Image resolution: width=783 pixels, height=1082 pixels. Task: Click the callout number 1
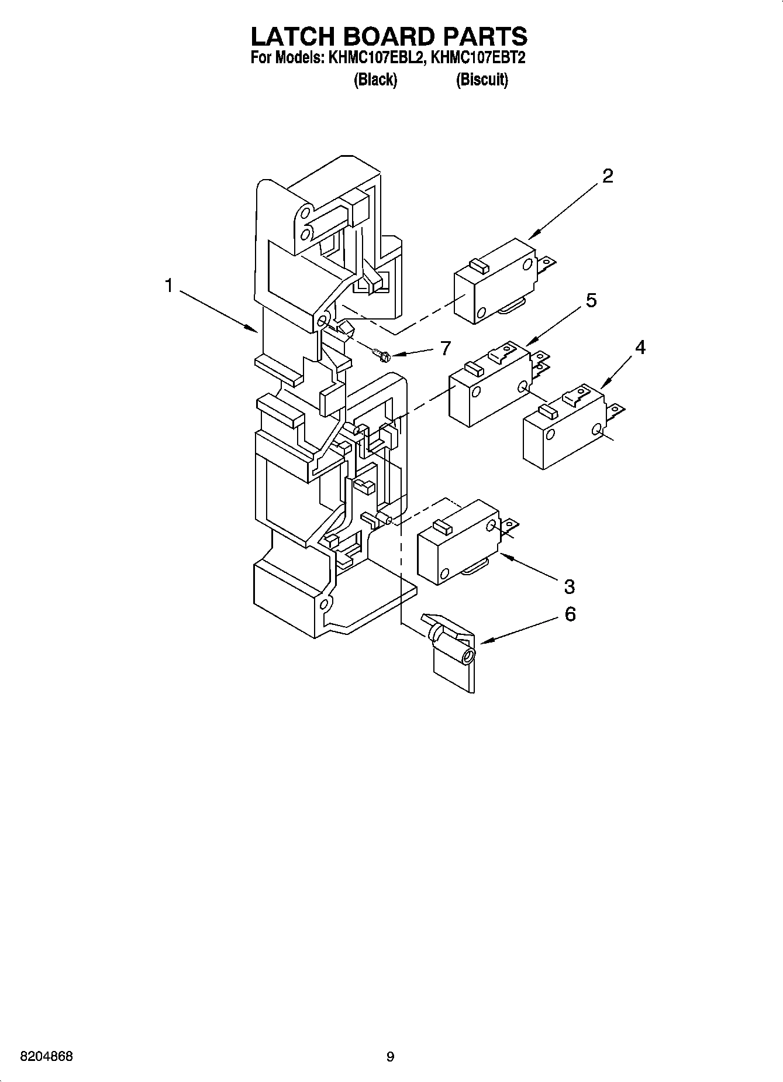pos(168,286)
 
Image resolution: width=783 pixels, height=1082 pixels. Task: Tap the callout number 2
pos(608,176)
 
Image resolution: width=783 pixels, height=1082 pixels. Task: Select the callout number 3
pos(569,586)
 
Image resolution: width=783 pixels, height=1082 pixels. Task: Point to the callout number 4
pos(640,348)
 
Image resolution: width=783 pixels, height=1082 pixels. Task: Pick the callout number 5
pos(591,300)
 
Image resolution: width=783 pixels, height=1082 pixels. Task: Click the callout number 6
pos(570,614)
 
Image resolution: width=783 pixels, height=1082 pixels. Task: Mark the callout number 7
pos(446,349)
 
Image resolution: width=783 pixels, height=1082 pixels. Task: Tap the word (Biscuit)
pos(482,80)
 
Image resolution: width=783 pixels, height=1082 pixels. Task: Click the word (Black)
pos(375,80)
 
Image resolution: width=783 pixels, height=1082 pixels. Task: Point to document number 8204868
pos(47,1057)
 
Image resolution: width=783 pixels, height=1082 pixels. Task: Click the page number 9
pos(390,1057)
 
